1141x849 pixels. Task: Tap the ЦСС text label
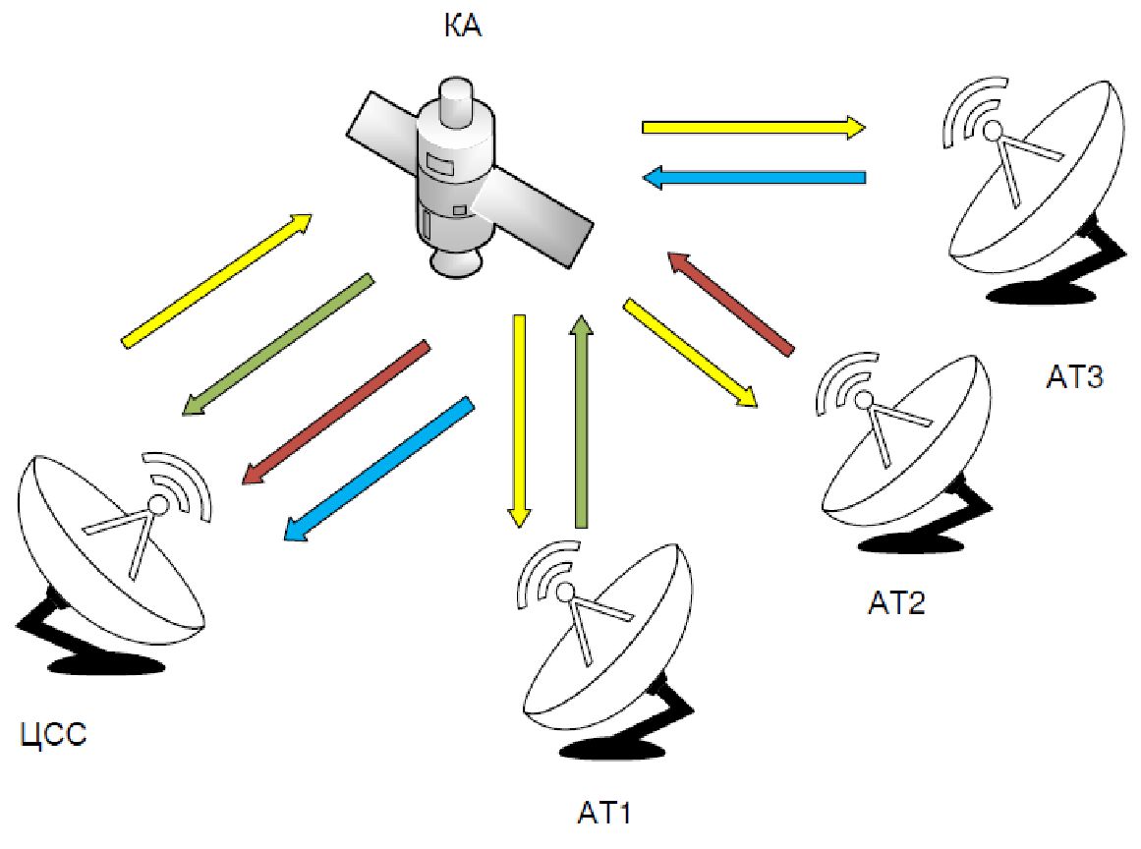[54, 733]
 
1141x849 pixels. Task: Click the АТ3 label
[1075, 376]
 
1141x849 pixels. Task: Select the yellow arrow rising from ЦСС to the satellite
[217, 279]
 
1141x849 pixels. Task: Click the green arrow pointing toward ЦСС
[278, 344]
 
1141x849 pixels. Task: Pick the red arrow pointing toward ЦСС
[335, 412]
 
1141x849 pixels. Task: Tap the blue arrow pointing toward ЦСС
[379, 470]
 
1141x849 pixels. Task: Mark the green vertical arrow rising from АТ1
[582, 423]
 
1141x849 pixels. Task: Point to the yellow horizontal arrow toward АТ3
[753, 127]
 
